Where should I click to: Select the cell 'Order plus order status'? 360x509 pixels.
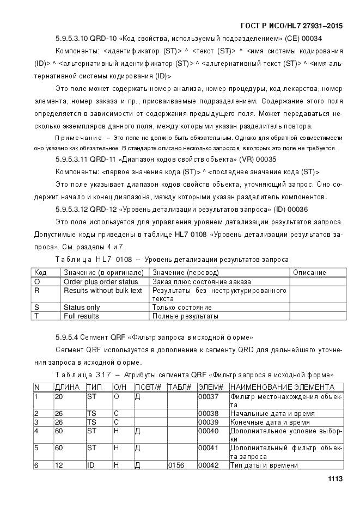[x=101, y=281]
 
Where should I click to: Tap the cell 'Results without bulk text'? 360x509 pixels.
[x=102, y=290]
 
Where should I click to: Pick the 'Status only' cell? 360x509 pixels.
[x=82, y=307]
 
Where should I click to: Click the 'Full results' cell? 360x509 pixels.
[x=81, y=316]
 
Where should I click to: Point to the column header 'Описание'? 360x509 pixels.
[x=309, y=272]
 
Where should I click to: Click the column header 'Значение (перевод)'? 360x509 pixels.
[x=185, y=272]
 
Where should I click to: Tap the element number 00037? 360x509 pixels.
[x=208, y=396]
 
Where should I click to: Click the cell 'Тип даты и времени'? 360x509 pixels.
[x=264, y=465]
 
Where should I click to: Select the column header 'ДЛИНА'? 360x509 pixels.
[x=68, y=387]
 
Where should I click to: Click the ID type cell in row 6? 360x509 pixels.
[x=91, y=465]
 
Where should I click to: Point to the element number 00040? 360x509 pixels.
[x=208, y=431]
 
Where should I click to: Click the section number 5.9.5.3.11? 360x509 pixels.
[x=72, y=160]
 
